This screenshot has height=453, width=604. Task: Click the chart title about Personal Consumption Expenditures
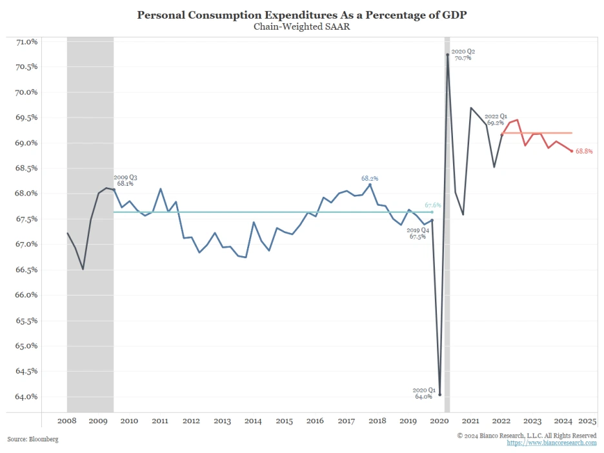click(301, 15)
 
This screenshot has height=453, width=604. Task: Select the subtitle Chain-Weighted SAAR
click(301, 26)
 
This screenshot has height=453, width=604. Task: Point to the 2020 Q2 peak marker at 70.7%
click(447, 55)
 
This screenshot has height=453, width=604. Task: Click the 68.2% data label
click(370, 178)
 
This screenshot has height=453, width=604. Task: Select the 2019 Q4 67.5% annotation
click(418, 233)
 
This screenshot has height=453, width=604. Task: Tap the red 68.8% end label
click(584, 152)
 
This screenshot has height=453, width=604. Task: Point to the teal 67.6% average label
click(433, 205)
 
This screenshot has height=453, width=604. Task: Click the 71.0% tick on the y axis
click(26, 42)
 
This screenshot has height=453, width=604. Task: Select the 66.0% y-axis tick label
click(26, 296)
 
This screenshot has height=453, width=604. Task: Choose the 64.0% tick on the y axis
click(26, 397)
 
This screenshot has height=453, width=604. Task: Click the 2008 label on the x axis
click(67, 421)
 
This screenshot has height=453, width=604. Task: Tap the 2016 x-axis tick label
click(315, 421)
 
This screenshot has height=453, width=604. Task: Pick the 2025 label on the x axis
click(587, 421)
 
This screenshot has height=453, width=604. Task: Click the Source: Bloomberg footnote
click(33, 439)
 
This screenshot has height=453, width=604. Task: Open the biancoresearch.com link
click(552, 443)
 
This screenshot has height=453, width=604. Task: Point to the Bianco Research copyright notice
click(527, 436)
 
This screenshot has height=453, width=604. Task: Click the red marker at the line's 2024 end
click(571, 151)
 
